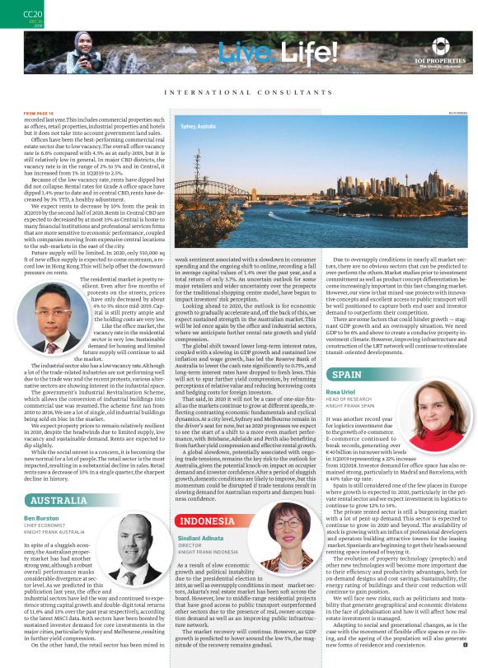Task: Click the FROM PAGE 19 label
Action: pos(40,113)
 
